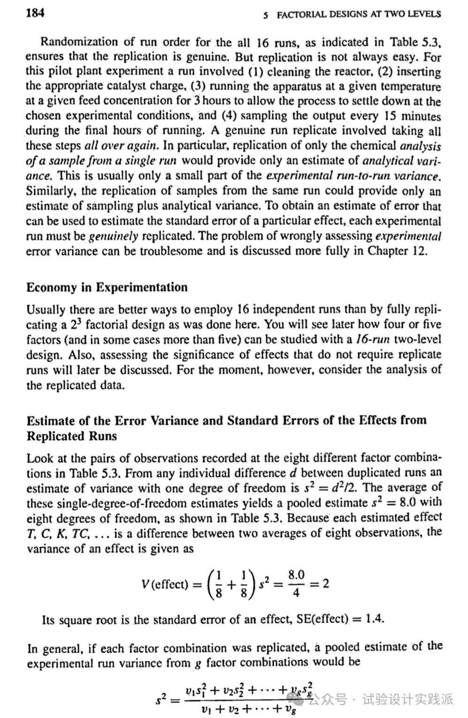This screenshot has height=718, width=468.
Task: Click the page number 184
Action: pyautogui.click(x=35, y=13)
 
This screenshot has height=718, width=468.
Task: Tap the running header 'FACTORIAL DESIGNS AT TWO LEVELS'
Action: pyautogui.click(x=359, y=15)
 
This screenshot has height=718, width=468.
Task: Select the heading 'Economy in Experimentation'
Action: pyautogui.click(x=107, y=287)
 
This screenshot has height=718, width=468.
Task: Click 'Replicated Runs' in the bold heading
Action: pyautogui.click(x=72, y=436)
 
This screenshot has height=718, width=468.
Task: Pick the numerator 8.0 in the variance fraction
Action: pyautogui.click(x=296, y=575)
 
